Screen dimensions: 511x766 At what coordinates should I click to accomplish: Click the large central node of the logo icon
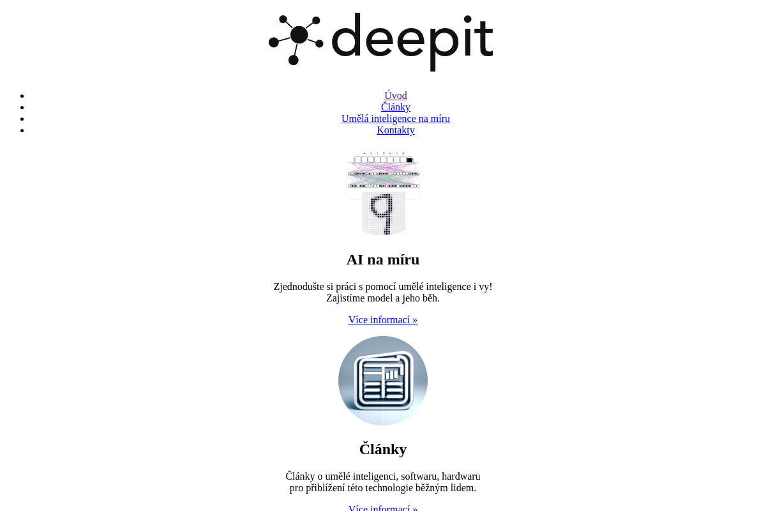point(298,35)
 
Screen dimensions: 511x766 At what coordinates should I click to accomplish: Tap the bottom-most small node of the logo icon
point(293,60)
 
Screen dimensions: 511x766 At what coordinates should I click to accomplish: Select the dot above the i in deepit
point(469,20)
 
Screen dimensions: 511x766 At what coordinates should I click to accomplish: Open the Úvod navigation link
point(395,96)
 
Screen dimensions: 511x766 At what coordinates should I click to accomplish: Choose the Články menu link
point(395,107)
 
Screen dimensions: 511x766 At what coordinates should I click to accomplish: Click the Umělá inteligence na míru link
point(395,119)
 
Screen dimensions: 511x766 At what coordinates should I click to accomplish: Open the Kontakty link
point(395,130)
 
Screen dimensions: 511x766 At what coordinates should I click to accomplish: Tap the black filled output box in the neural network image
point(409,160)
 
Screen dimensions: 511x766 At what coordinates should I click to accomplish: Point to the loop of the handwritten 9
point(382,205)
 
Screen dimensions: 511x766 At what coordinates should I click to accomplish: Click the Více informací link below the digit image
point(383,319)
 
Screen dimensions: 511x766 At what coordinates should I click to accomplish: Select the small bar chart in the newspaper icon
point(392,374)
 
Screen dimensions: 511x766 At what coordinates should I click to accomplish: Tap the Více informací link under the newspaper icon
point(383,508)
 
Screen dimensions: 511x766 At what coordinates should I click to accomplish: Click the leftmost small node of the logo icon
point(274,42)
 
